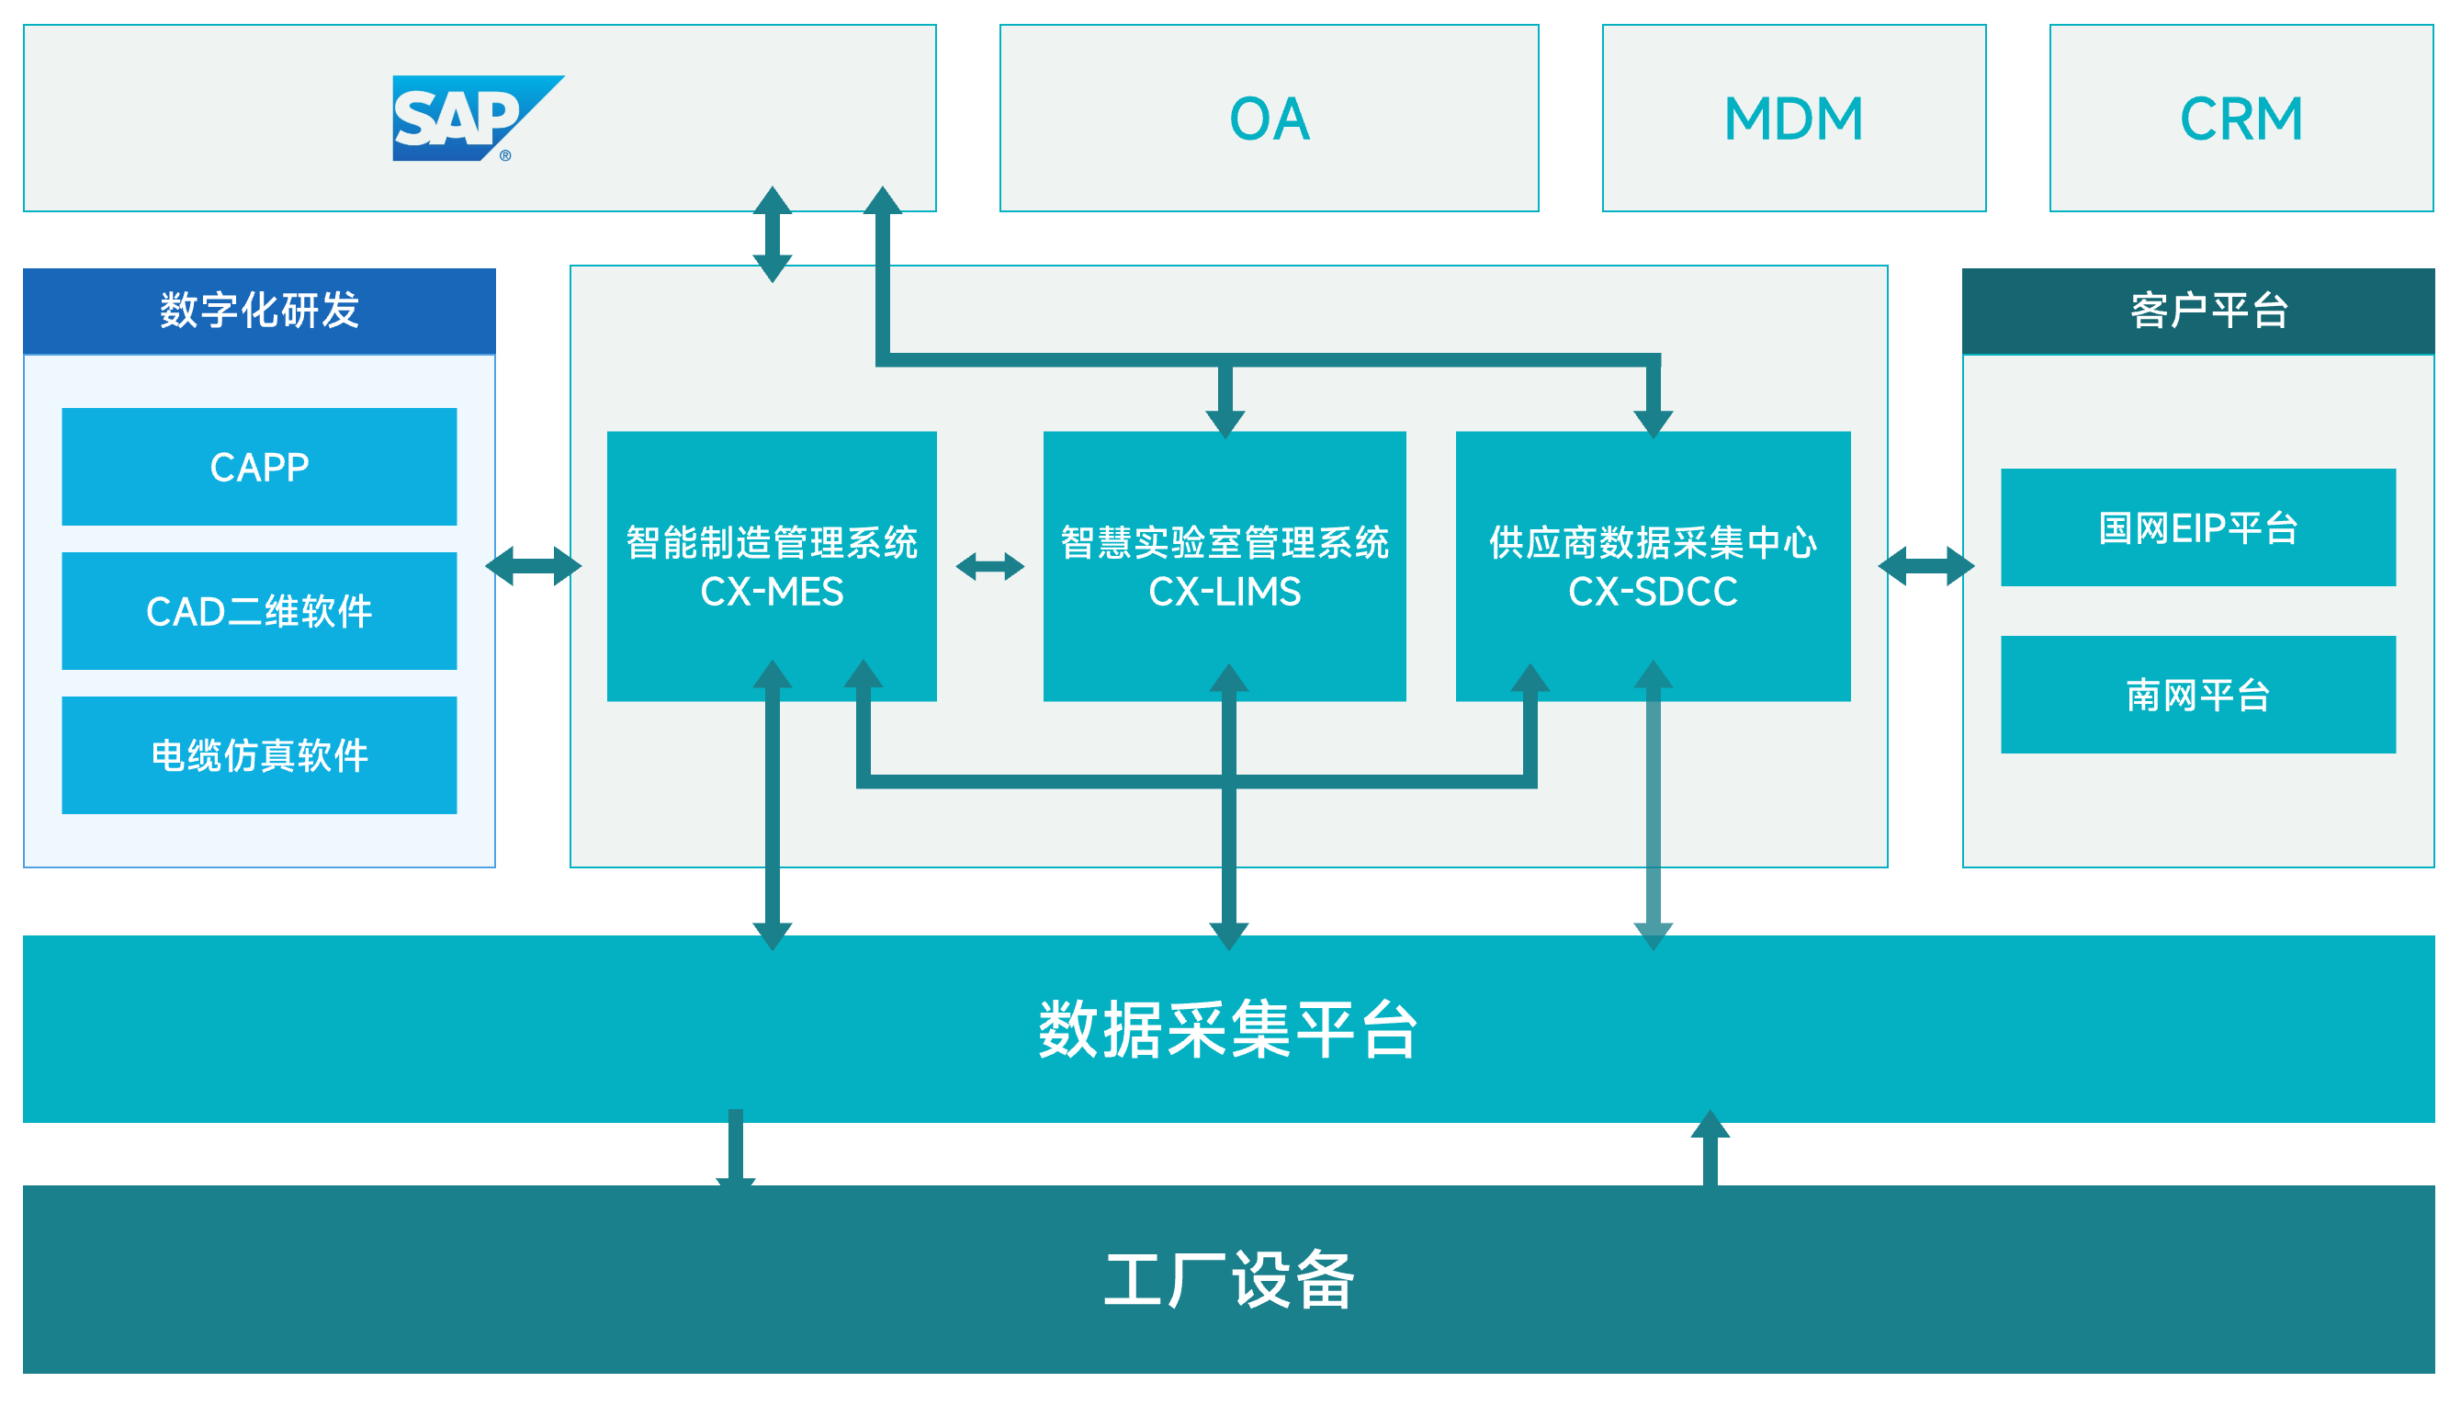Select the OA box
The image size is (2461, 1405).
[1269, 118]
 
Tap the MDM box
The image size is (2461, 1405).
[1793, 118]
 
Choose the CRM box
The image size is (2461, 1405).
[2241, 118]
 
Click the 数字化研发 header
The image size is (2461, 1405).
[258, 311]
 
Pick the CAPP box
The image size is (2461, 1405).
[258, 467]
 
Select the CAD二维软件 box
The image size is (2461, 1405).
[258, 611]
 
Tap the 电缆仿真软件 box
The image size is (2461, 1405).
[258, 755]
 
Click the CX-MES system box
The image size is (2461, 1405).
[771, 566]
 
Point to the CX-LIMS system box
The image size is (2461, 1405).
[1225, 566]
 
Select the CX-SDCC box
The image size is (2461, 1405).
[1652, 566]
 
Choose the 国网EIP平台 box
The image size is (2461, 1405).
[2197, 527]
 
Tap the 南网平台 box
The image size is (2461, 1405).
[2197, 695]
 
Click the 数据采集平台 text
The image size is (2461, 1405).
[1227, 1029]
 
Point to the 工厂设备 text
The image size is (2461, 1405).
[1227, 1279]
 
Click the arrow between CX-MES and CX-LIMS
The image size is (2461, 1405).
[989, 566]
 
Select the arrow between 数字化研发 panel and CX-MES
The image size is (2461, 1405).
[533, 566]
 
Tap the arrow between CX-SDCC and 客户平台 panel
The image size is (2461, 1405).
[1925, 566]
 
